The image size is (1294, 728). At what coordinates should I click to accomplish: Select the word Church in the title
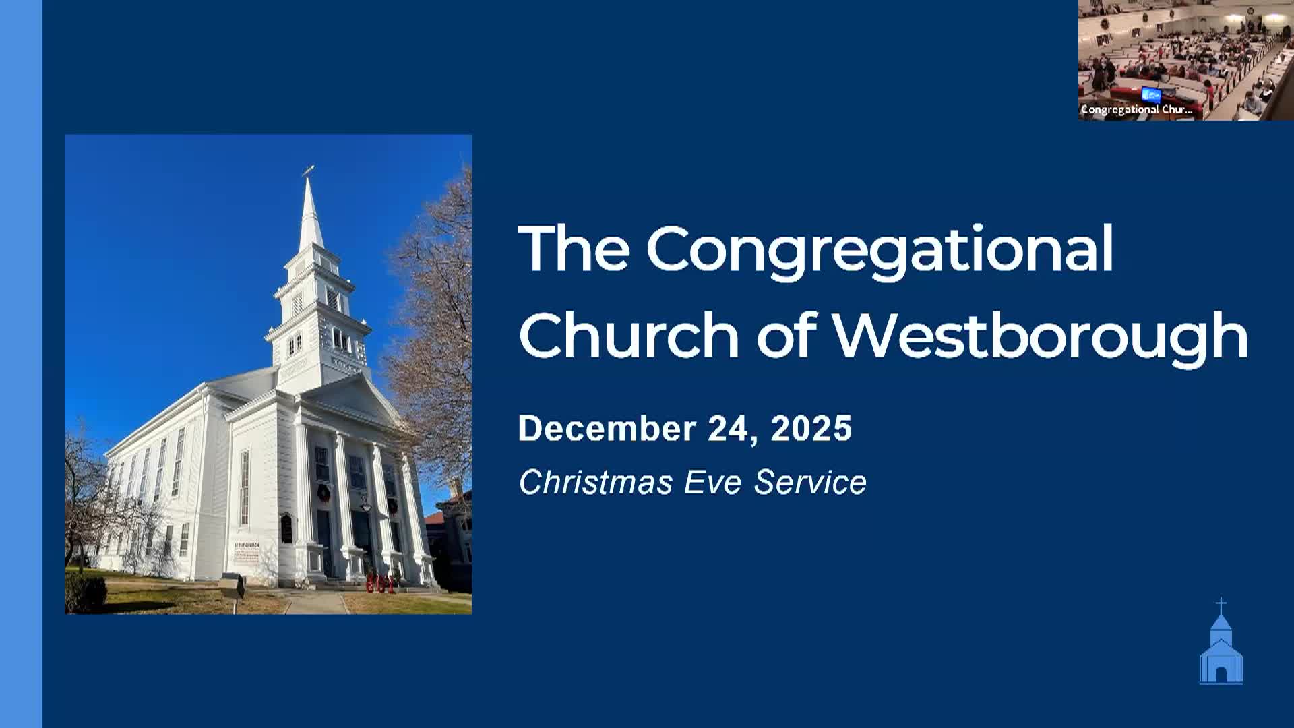click(x=629, y=336)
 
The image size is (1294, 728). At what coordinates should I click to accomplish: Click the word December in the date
click(x=607, y=429)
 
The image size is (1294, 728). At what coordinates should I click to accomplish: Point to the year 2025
click(x=811, y=429)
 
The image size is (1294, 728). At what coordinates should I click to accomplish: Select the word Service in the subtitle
click(x=810, y=483)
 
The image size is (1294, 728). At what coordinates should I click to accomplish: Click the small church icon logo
click(x=1221, y=650)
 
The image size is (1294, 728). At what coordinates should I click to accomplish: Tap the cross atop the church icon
click(x=1221, y=604)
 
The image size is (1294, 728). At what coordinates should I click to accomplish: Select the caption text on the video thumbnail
click(x=1136, y=109)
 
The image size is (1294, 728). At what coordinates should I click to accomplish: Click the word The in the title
click(x=574, y=249)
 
